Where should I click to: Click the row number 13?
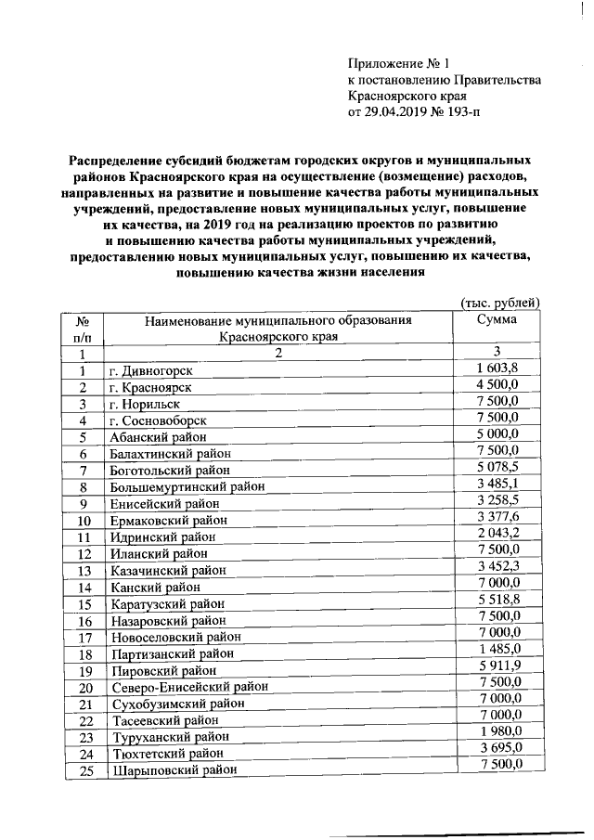point(84,570)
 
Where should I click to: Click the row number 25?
point(84,769)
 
